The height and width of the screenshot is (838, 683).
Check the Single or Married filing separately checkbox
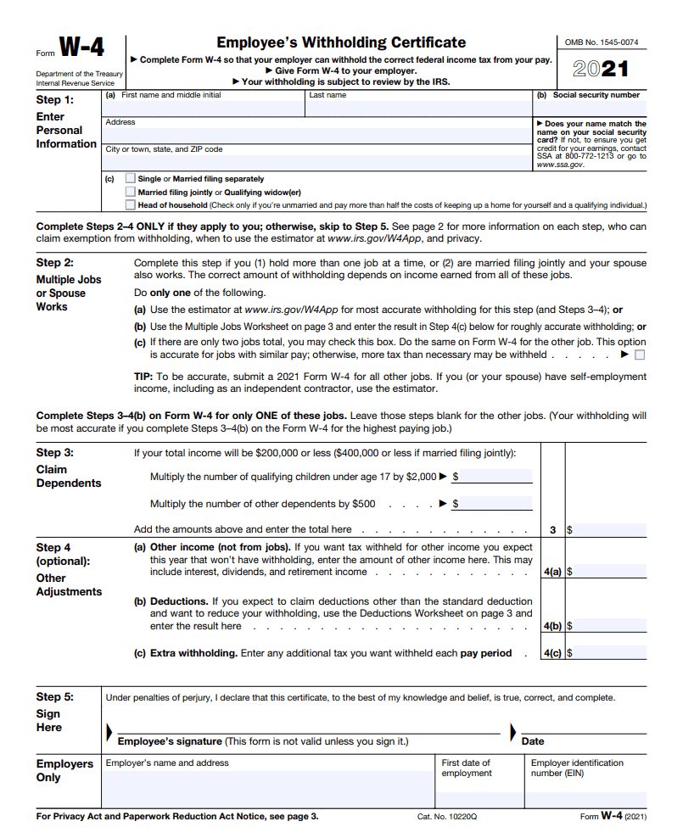pos(130,179)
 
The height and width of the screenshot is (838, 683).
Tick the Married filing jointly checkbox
pos(130,192)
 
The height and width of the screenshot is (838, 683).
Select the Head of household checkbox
pos(130,204)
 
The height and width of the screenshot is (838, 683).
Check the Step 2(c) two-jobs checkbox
pos(640,355)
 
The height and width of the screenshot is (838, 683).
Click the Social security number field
pos(589,107)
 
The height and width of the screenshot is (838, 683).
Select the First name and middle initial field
pos(204,107)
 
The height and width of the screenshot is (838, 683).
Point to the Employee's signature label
pos(170,741)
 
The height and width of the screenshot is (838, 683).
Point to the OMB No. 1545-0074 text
pos(602,42)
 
